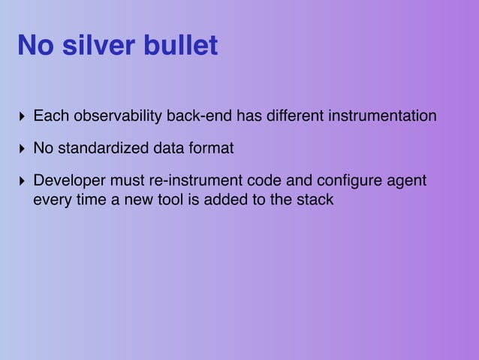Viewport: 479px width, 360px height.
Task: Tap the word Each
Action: tap(48, 116)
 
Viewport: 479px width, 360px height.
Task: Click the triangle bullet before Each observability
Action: tap(23, 117)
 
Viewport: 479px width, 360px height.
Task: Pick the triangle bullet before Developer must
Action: tap(23, 182)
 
